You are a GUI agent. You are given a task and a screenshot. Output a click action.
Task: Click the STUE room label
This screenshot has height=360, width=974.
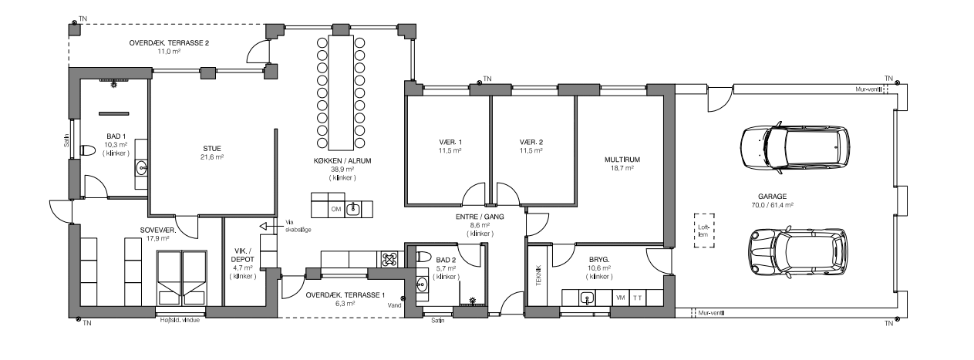211,149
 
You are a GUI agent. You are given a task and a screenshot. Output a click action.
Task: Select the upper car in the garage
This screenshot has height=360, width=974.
795,148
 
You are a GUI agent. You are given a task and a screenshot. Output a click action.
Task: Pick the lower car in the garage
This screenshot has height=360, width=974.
798,253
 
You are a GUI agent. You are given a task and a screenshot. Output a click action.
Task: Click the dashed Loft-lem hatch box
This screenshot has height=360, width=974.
704,230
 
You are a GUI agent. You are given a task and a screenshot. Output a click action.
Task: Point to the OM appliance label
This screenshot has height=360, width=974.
336,209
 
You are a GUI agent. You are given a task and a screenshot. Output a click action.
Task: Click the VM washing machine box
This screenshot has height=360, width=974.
621,298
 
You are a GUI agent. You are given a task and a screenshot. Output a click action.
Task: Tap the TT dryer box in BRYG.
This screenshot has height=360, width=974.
638,298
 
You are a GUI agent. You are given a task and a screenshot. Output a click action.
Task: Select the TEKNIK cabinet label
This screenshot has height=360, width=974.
538,275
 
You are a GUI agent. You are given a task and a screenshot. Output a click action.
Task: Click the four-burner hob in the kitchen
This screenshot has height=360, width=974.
389,259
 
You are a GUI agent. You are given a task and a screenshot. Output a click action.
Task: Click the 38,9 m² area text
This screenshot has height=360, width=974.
342,170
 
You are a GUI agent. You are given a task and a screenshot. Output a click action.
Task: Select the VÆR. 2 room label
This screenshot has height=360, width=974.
531,142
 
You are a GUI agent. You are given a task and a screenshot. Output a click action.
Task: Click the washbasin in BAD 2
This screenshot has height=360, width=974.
421,284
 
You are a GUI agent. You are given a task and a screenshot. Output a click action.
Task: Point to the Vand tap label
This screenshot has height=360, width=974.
394,305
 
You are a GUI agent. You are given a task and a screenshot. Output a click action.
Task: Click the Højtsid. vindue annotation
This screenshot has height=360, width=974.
180,321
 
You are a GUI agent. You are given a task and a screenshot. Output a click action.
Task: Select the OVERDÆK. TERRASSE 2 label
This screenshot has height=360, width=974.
169,43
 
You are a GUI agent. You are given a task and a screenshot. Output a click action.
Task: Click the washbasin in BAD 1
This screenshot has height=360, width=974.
141,167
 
